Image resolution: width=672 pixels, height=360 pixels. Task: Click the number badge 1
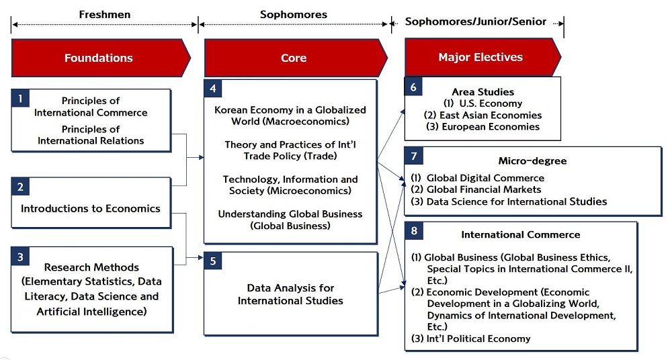[20, 99]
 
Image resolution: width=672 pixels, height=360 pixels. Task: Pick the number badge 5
[213, 261]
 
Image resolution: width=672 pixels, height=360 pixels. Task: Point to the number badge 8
[413, 230]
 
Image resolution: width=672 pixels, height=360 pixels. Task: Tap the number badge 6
[413, 87]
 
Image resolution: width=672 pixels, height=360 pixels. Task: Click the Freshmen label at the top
[105, 15]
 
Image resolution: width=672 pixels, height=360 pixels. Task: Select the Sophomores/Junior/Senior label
[476, 21]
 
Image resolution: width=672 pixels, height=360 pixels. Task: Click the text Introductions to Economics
[91, 209]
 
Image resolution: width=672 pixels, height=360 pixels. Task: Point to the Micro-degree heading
[532, 161]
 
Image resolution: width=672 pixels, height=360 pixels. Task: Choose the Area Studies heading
[483, 92]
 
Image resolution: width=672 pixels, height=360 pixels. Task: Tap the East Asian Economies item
[483, 115]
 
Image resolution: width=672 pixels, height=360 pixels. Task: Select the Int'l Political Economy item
[470, 339]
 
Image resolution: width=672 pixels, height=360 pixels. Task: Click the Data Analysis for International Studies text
[290, 294]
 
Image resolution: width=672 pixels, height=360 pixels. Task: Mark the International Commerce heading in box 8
[521, 234]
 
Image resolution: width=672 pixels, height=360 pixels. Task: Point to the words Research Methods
[91, 267]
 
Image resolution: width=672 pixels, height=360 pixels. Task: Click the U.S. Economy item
[483, 103]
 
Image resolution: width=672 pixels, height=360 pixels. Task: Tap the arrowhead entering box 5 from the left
[200, 257]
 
